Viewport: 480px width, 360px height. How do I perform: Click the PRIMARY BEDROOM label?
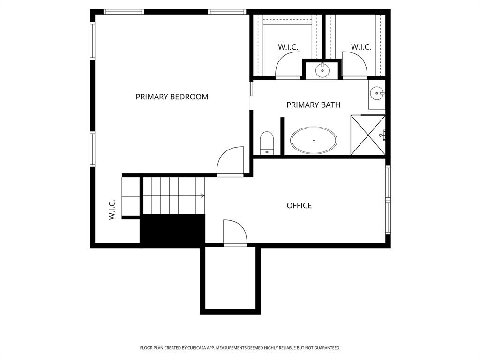click(172, 97)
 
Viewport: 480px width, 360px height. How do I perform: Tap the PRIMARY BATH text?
click(313, 105)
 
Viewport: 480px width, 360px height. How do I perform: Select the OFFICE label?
click(299, 205)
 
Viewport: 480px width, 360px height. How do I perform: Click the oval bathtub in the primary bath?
click(314, 140)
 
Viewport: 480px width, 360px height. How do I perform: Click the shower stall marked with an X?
click(368, 135)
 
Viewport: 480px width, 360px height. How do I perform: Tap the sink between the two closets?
click(322, 70)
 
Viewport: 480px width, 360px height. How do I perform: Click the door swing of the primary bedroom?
click(231, 161)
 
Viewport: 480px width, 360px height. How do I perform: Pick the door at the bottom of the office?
click(235, 232)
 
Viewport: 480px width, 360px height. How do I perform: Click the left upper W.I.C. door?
click(287, 66)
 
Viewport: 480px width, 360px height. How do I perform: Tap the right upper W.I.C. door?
click(354, 66)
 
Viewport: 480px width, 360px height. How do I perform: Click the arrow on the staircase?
click(202, 195)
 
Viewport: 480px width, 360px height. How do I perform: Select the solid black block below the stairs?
click(173, 230)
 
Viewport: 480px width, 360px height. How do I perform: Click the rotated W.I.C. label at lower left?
click(112, 210)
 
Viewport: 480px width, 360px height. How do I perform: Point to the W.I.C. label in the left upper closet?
click(288, 47)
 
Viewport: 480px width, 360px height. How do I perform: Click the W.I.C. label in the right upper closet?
click(361, 47)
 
